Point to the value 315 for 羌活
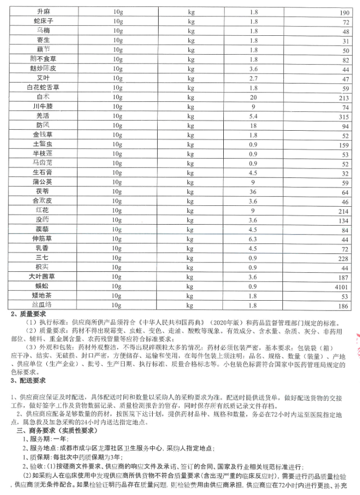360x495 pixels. pos(343,116)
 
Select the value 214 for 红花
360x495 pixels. pos(343,211)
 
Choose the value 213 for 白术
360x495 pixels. pos(343,97)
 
